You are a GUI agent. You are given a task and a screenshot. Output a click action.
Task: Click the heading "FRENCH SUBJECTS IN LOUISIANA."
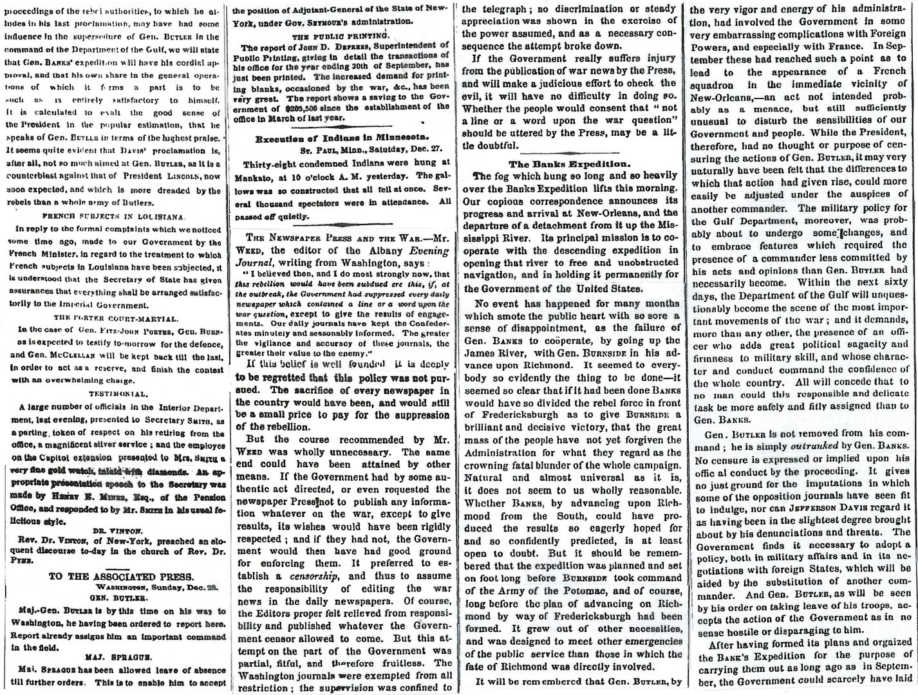[113, 216]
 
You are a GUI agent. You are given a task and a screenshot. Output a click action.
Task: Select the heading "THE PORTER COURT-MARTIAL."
[113, 316]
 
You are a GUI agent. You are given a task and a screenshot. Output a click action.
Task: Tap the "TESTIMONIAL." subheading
[113, 393]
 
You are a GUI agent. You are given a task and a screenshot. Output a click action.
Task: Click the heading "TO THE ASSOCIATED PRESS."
[113, 576]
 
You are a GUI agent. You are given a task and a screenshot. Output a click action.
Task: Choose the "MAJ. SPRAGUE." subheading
[113, 655]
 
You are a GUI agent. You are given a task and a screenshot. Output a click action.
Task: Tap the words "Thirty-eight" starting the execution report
[272, 163]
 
